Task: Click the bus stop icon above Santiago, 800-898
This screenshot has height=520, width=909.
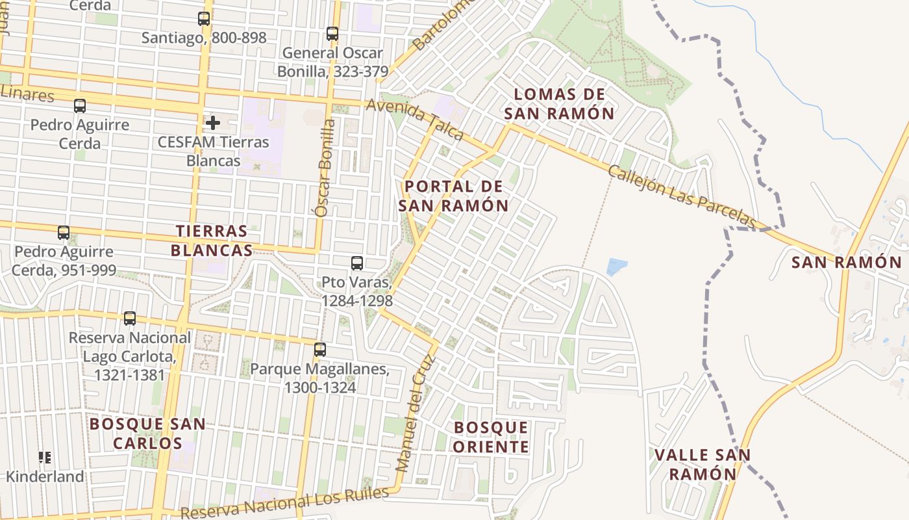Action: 204,19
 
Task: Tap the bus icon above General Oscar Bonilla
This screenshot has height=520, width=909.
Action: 332,34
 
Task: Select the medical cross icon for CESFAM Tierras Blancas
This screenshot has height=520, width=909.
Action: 212,122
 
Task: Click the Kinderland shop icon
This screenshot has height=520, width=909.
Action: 45,458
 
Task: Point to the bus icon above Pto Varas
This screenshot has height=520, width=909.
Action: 357,263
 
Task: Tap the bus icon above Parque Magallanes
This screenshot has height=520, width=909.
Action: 320,350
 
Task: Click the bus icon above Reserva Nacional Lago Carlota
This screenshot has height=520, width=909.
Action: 130,318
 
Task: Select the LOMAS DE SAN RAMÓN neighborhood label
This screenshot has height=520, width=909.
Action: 559,104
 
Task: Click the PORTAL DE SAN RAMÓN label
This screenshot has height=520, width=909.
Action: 453,196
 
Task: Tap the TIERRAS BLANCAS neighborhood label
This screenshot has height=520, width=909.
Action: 211,240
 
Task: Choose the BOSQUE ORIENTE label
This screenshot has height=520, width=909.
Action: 491,437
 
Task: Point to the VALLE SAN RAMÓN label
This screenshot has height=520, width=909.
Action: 703,464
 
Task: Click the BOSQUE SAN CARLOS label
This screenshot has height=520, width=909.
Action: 147,434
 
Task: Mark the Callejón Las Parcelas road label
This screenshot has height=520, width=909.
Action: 682,196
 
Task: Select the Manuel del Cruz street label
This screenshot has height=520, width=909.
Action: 413,413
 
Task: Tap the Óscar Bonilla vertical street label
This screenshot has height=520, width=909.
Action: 323,167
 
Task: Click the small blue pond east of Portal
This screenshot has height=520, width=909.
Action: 617,266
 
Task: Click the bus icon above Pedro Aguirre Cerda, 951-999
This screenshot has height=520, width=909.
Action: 64,233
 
